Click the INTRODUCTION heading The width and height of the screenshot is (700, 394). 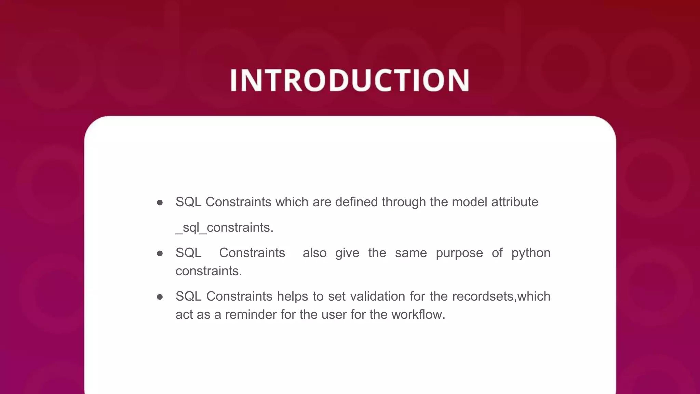[350, 80]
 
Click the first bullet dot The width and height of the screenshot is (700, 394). [160, 203]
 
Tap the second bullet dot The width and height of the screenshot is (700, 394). [160, 253]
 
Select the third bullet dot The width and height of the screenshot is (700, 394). [160, 297]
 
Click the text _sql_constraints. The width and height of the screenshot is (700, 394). [225, 227]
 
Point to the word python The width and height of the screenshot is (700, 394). [531, 253]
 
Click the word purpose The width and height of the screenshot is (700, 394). [459, 253]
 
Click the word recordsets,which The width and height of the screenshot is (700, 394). [501, 296]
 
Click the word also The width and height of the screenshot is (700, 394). [314, 253]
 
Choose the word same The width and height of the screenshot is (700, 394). [411, 253]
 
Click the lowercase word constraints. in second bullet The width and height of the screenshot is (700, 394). [209, 271]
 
